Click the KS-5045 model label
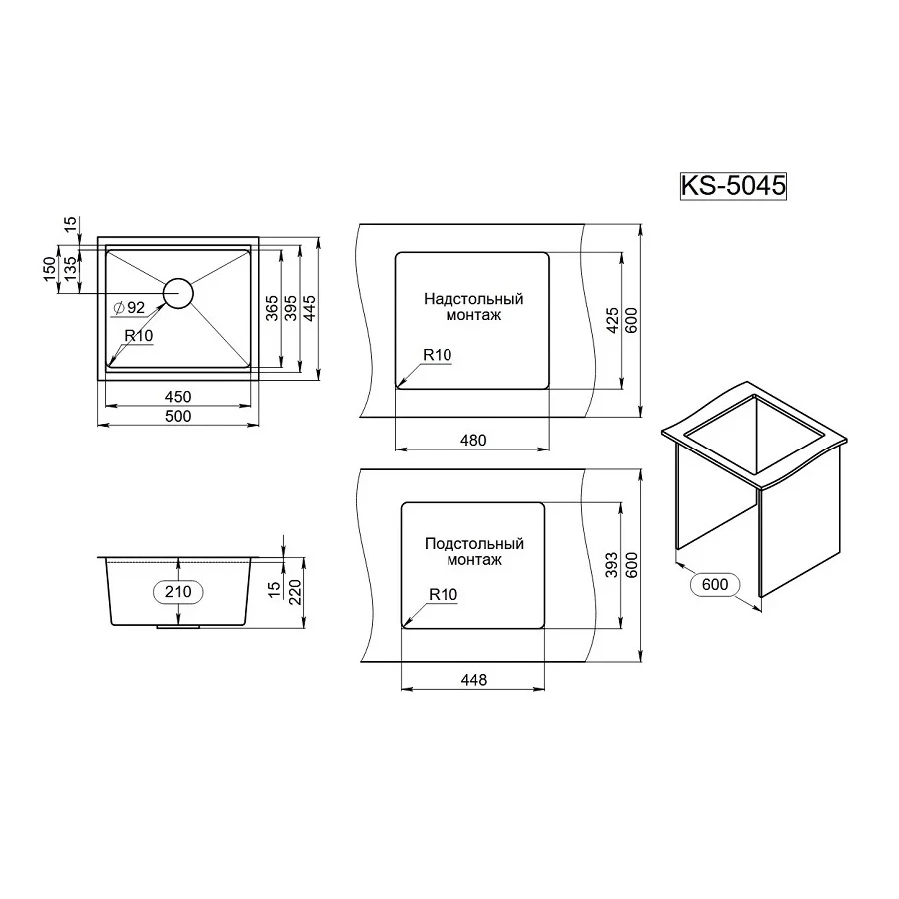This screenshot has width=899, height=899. (734, 186)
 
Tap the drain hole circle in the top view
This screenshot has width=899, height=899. (178, 292)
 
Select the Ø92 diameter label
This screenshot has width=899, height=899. (130, 307)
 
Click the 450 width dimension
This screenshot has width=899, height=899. (178, 397)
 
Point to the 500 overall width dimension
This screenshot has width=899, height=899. (178, 417)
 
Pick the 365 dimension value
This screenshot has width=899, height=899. (272, 309)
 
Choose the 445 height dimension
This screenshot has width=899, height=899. (310, 308)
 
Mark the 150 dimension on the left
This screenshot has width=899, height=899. (50, 269)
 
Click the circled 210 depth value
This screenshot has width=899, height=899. (178, 592)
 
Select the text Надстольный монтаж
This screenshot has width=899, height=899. (472, 306)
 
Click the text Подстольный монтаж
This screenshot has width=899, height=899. (473, 552)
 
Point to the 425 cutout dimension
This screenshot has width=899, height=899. (613, 318)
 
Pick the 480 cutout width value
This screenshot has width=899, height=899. (473, 440)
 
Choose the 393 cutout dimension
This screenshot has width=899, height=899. (613, 564)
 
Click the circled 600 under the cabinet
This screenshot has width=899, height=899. (714, 584)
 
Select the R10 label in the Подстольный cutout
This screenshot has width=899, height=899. (442, 594)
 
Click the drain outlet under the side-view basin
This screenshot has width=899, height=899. (178, 628)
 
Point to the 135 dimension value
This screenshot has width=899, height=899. (69, 269)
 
